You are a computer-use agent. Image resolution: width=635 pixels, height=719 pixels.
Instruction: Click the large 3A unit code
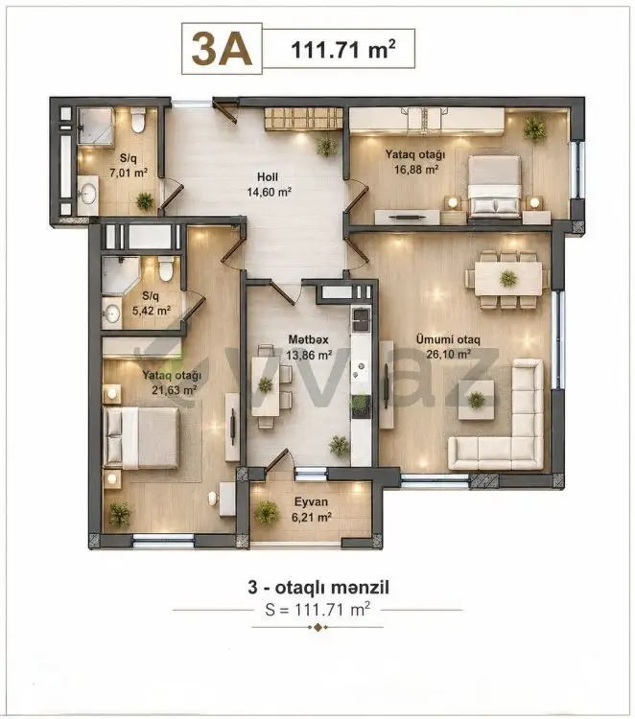pyautogui.click(x=222, y=49)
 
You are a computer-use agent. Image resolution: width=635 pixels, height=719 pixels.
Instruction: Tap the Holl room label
pyautogui.click(x=268, y=176)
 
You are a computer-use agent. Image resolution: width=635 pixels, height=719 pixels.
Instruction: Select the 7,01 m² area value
pyautogui.click(x=129, y=173)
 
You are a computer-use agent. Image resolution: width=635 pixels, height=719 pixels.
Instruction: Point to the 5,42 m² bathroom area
pyautogui.click(x=152, y=311)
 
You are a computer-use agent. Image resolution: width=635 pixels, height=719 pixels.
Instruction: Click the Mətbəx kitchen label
pyautogui.click(x=308, y=339)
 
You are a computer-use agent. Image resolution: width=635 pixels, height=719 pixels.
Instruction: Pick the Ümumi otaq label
pyautogui.click(x=448, y=339)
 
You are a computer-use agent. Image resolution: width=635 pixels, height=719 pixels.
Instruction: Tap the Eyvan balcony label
pyautogui.click(x=311, y=501)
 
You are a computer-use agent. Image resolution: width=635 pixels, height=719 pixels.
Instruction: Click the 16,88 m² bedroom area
pyautogui.click(x=416, y=169)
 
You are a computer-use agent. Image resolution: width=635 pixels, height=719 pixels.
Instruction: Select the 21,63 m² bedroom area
pyautogui.click(x=175, y=390)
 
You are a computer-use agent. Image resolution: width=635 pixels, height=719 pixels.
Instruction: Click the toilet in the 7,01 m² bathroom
pyautogui.click(x=137, y=121)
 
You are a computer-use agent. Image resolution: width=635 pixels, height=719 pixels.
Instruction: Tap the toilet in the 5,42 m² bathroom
pyautogui.click(x=166, y=269)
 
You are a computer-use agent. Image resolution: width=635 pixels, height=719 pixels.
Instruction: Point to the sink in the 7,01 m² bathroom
pyautogui.click(x=87, y=194)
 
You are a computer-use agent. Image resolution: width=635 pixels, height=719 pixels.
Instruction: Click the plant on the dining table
pyautogui.click(x=508, y=278)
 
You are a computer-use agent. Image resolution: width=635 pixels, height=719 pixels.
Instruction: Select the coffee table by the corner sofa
pyautogui.click(x=477, y=400)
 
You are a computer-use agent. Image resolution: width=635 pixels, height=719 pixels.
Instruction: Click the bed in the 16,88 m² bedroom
pyautogui.click(x=495, y=186)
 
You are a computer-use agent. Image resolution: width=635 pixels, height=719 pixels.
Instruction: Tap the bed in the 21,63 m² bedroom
pyautogui.click(x=141, y=437)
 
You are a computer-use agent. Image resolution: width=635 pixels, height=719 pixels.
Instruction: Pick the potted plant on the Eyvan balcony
pyautogui.click(x=267, y=512)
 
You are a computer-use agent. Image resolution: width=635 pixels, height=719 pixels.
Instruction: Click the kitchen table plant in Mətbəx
pyautogui.click(x=266, y=383)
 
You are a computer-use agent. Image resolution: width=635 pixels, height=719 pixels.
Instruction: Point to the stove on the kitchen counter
pyautogui.click(x=361, y=406)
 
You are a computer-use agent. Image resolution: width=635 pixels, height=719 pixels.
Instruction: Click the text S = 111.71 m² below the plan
pyautogui.click(x=317, y=610)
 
